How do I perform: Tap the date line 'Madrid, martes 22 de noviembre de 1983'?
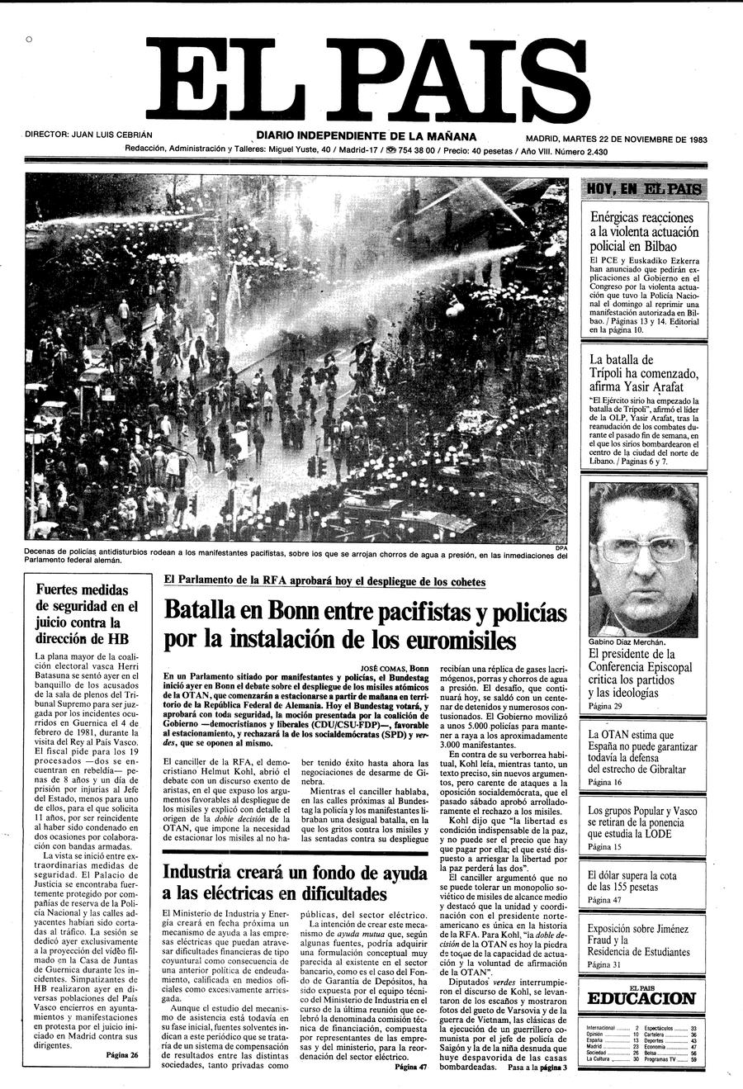point(616,139)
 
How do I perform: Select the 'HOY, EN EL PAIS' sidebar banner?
point(644,189)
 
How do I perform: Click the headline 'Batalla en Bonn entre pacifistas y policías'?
point(365,626)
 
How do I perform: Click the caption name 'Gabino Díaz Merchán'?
point(627,642)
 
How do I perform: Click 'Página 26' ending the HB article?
point(122,1054)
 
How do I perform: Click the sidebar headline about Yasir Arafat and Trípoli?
point(643,372)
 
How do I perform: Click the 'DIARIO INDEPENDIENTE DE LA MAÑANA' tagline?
point(366,135)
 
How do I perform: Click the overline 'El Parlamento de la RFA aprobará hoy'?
point(324,581)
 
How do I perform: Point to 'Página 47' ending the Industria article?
point(411,1067)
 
